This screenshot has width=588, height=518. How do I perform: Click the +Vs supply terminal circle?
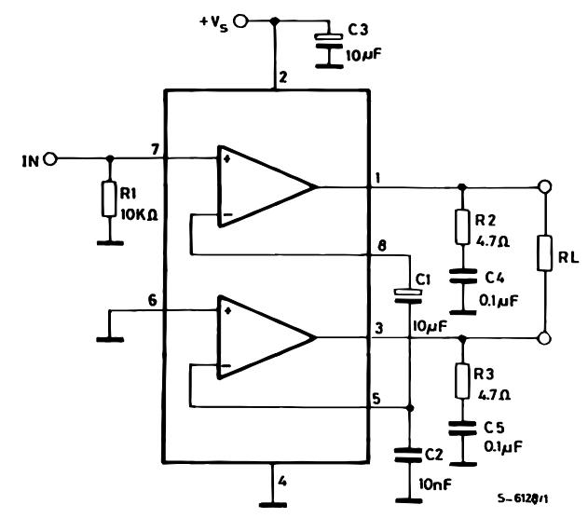(240, 21)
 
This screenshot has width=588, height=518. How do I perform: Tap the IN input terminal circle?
(50, 159)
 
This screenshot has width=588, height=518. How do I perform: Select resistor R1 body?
(109, 199)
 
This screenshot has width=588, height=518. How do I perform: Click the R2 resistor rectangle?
(462, 227)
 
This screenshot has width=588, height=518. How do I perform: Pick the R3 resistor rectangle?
(462, 381)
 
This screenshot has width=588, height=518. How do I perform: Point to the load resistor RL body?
(544, 253)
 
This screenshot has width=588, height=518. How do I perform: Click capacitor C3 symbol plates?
(329, 41)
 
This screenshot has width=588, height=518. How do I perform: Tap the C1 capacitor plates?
(408, 295)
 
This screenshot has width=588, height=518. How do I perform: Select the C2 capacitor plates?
(408, 455)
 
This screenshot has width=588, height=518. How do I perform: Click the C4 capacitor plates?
(463, 276)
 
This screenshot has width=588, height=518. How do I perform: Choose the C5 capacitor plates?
(463, 429)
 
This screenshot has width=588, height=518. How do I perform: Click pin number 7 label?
(155, 149)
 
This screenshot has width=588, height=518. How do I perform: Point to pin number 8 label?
(381, 246)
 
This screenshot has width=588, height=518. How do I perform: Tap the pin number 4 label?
(282, 481)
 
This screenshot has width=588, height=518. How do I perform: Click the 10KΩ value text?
(139, 215)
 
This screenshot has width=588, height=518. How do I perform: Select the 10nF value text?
(435, 484)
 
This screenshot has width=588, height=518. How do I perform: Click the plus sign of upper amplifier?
(226, 159)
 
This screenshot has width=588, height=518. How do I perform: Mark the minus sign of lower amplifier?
(226, 366)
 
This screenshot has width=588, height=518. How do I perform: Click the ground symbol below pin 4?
(273, 505)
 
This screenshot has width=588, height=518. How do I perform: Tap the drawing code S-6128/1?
(523, 498)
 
